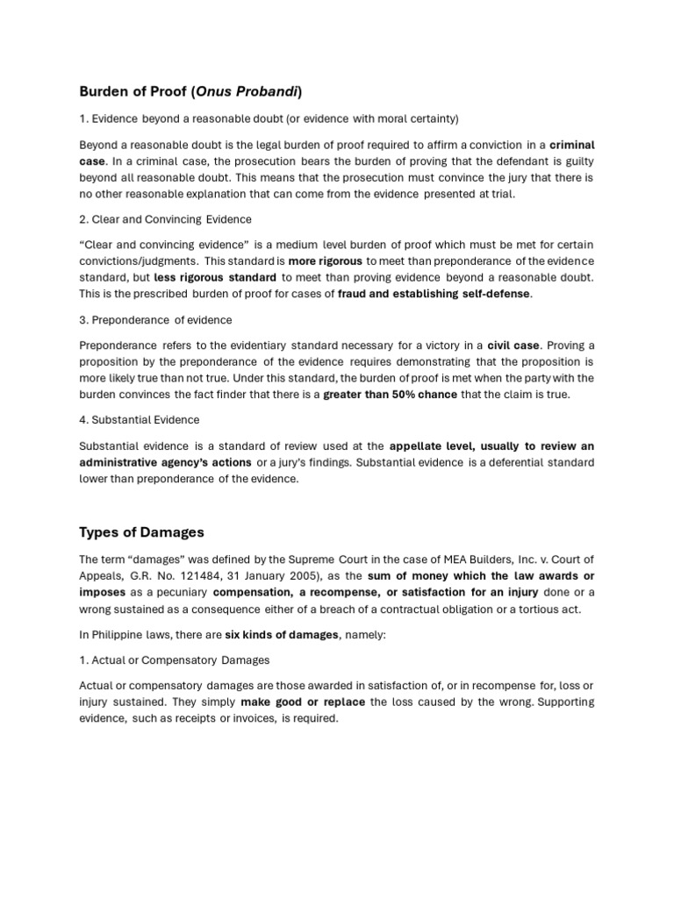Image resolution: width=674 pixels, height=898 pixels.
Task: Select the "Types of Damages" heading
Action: point(142,533)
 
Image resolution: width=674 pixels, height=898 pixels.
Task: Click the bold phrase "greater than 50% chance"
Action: point(390,395)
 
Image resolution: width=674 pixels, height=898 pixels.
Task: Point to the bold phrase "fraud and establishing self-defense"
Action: point(434,294)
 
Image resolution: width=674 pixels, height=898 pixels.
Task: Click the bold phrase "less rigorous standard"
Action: point(216,277)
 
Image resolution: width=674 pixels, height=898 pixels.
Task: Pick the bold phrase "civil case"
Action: point(513,345)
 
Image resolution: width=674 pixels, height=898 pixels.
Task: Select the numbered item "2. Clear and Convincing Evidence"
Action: point(164,219)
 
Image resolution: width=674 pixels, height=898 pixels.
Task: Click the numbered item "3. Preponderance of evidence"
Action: point(155,320)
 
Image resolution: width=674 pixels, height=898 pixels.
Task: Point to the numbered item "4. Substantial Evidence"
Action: point(140,420)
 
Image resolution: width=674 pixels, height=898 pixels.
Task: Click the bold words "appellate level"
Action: point(433,445)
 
